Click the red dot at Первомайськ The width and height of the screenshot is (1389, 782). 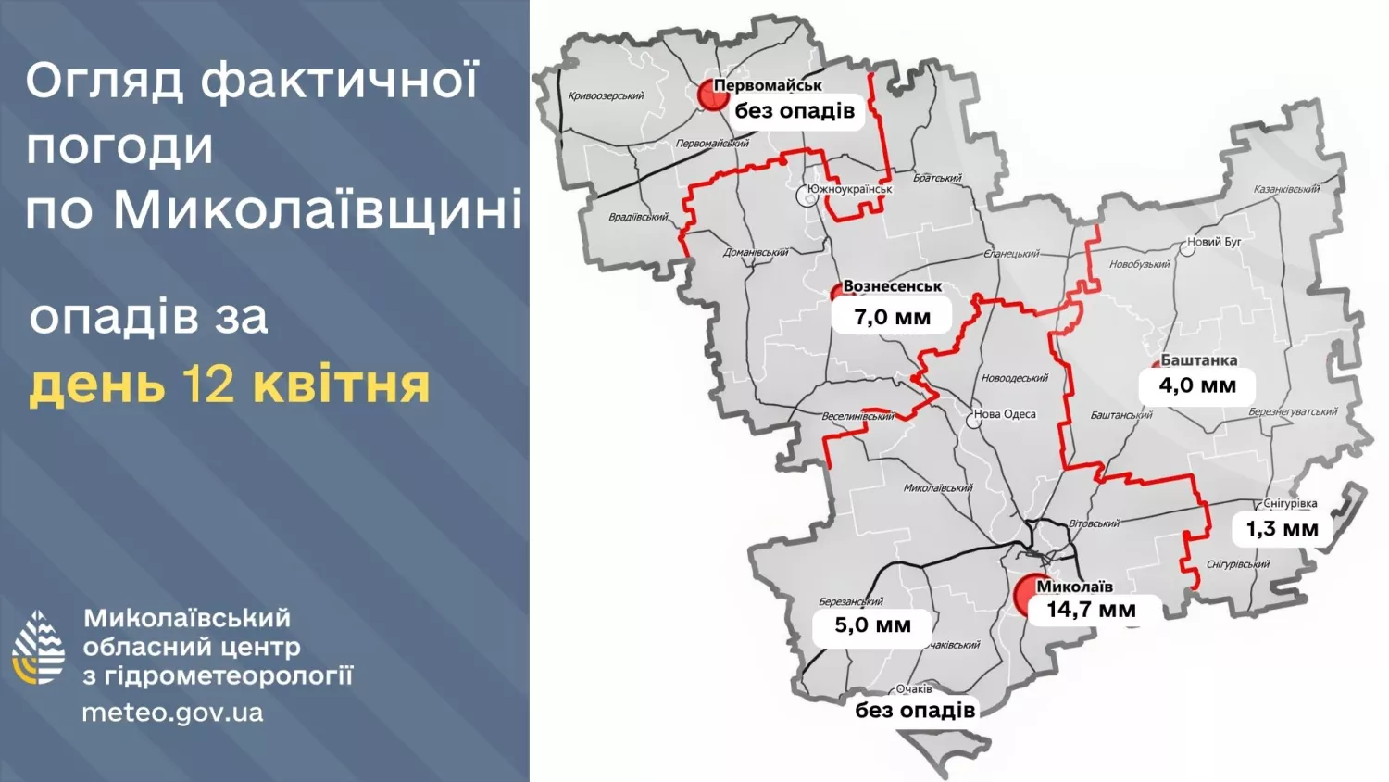(x=712, y=95)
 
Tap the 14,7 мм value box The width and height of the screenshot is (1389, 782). (x=1091, y=610)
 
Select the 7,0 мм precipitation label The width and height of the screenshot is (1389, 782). (x=892, y=317)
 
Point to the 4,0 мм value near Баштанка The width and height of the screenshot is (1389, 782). (x=1197, y=385)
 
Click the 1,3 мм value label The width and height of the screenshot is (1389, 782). (x=1282, y=529)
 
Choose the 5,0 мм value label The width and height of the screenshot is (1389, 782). (x=872, y=625)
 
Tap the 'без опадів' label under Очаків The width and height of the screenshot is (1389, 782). (x=915, y=711)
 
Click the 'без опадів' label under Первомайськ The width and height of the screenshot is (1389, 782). (x=795, y=111)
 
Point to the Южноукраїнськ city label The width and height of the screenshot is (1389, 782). (x=849, y=189)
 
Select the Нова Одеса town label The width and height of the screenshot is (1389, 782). (x=1005, y=414)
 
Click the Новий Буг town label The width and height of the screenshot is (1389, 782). (x=1214, y=242)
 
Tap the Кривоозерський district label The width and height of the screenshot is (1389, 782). (x=607, y=95)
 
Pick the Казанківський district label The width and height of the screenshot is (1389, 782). (x=1286, y=189)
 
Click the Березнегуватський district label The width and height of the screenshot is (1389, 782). (x=1293, y=411)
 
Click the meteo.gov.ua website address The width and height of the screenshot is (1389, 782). (x=172, y=713)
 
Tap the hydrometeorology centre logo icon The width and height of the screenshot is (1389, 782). (x=39, y=648)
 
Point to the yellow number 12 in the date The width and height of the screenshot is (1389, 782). (x=210, y=384)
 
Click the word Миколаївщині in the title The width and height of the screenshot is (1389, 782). (x=318, y=209)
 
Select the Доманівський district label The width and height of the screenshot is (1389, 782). (x=756, y=252)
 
